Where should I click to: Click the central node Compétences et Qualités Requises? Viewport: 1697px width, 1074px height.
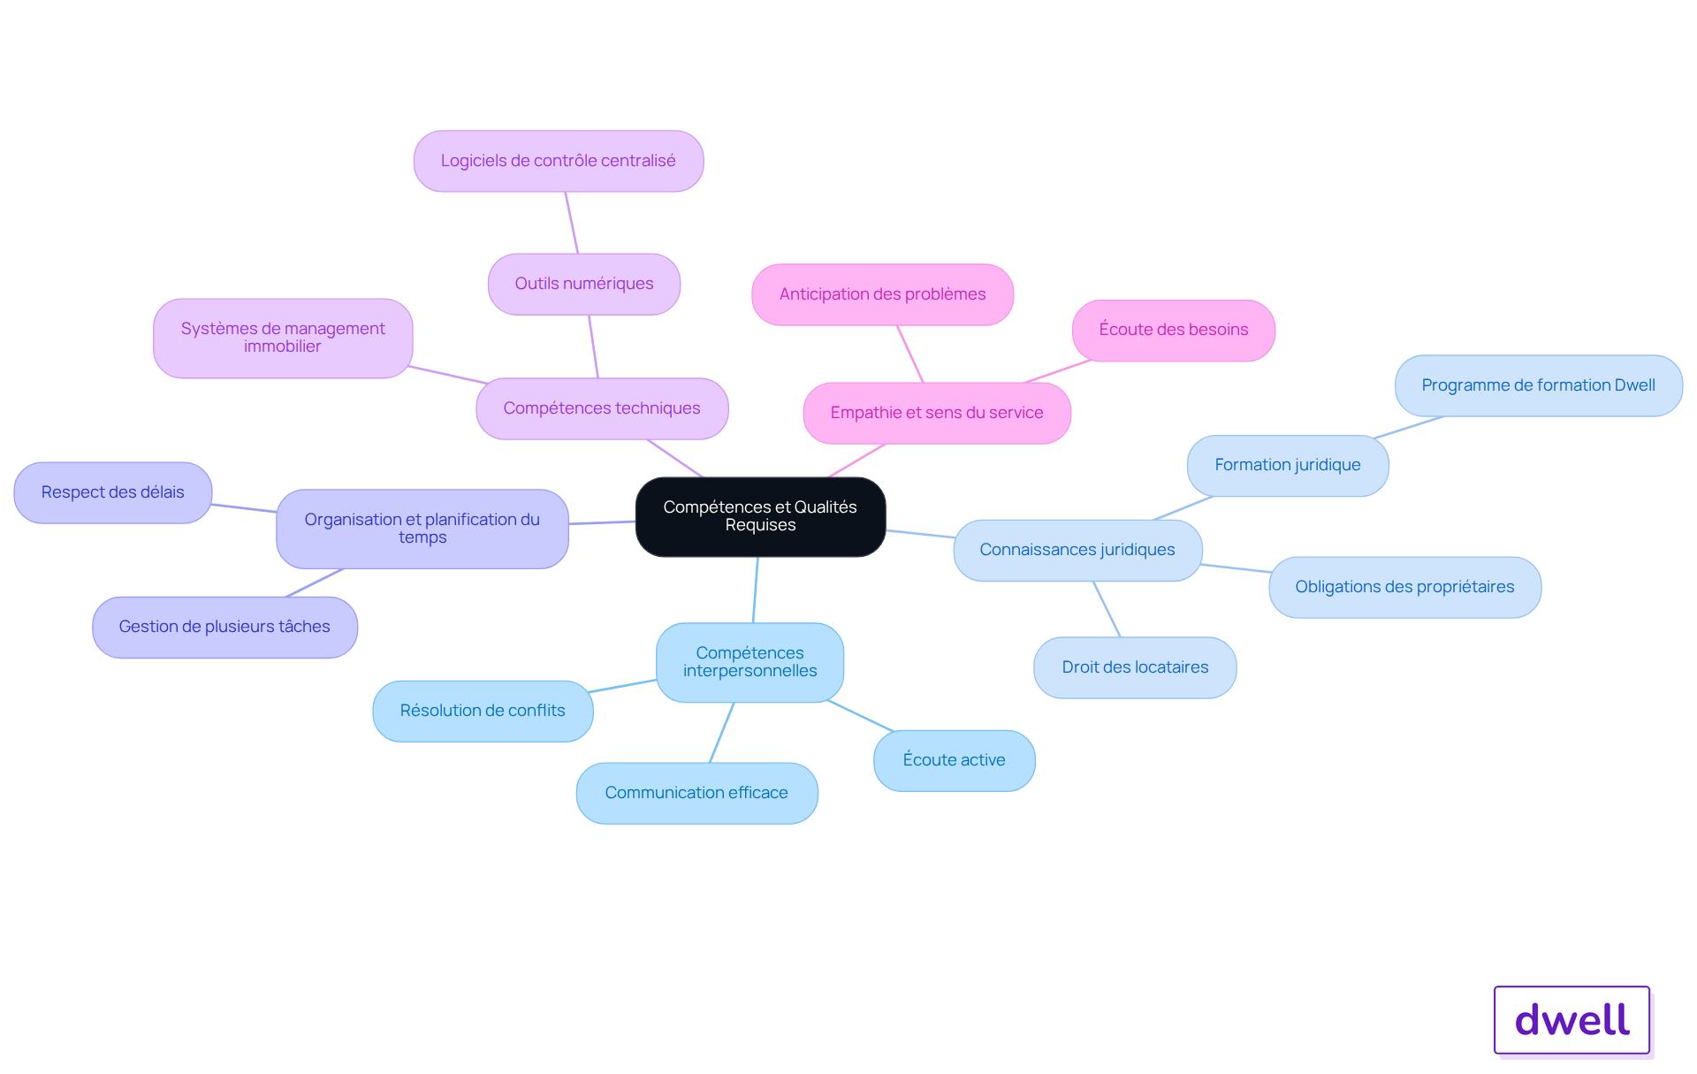(x=760, y=516)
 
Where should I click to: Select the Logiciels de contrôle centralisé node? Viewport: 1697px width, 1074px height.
(x=559, y=161)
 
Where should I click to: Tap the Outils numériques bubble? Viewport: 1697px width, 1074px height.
(x=584, y=284)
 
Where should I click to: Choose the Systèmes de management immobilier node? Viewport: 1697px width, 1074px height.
(x=283, y=338)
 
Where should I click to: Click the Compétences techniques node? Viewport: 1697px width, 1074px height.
(x=602, y=408)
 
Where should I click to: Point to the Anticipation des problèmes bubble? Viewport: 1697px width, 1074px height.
(x=882, y=294)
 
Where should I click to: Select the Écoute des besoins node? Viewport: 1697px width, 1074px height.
(x=1174, y=331)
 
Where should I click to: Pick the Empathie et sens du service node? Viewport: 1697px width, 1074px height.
(x=937, y=413)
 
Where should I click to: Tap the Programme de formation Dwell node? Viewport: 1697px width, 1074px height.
(x=1539, y=385)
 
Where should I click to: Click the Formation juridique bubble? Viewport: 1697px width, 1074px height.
(x=1288, y=465)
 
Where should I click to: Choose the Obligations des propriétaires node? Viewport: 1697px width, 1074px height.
(x=1405, y=587)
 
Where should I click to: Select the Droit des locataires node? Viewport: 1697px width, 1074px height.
(x=1135, y=667)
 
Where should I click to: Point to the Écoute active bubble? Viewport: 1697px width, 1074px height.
(x=955, y=760)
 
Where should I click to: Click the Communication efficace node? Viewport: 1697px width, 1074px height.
(x=696, y=793)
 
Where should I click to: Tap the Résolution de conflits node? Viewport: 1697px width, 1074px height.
(x=483, y=711)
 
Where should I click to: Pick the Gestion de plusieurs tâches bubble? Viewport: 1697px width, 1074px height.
(x=224, y=627)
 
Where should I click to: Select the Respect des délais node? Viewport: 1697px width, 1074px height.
(x=113, y=492)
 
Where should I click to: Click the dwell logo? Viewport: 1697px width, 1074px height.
(x=1572, y=1020)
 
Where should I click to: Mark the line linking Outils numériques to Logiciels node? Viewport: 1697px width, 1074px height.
(x=572, y=223)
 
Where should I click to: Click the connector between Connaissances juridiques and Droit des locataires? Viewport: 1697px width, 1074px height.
(x=1107, y=609)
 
